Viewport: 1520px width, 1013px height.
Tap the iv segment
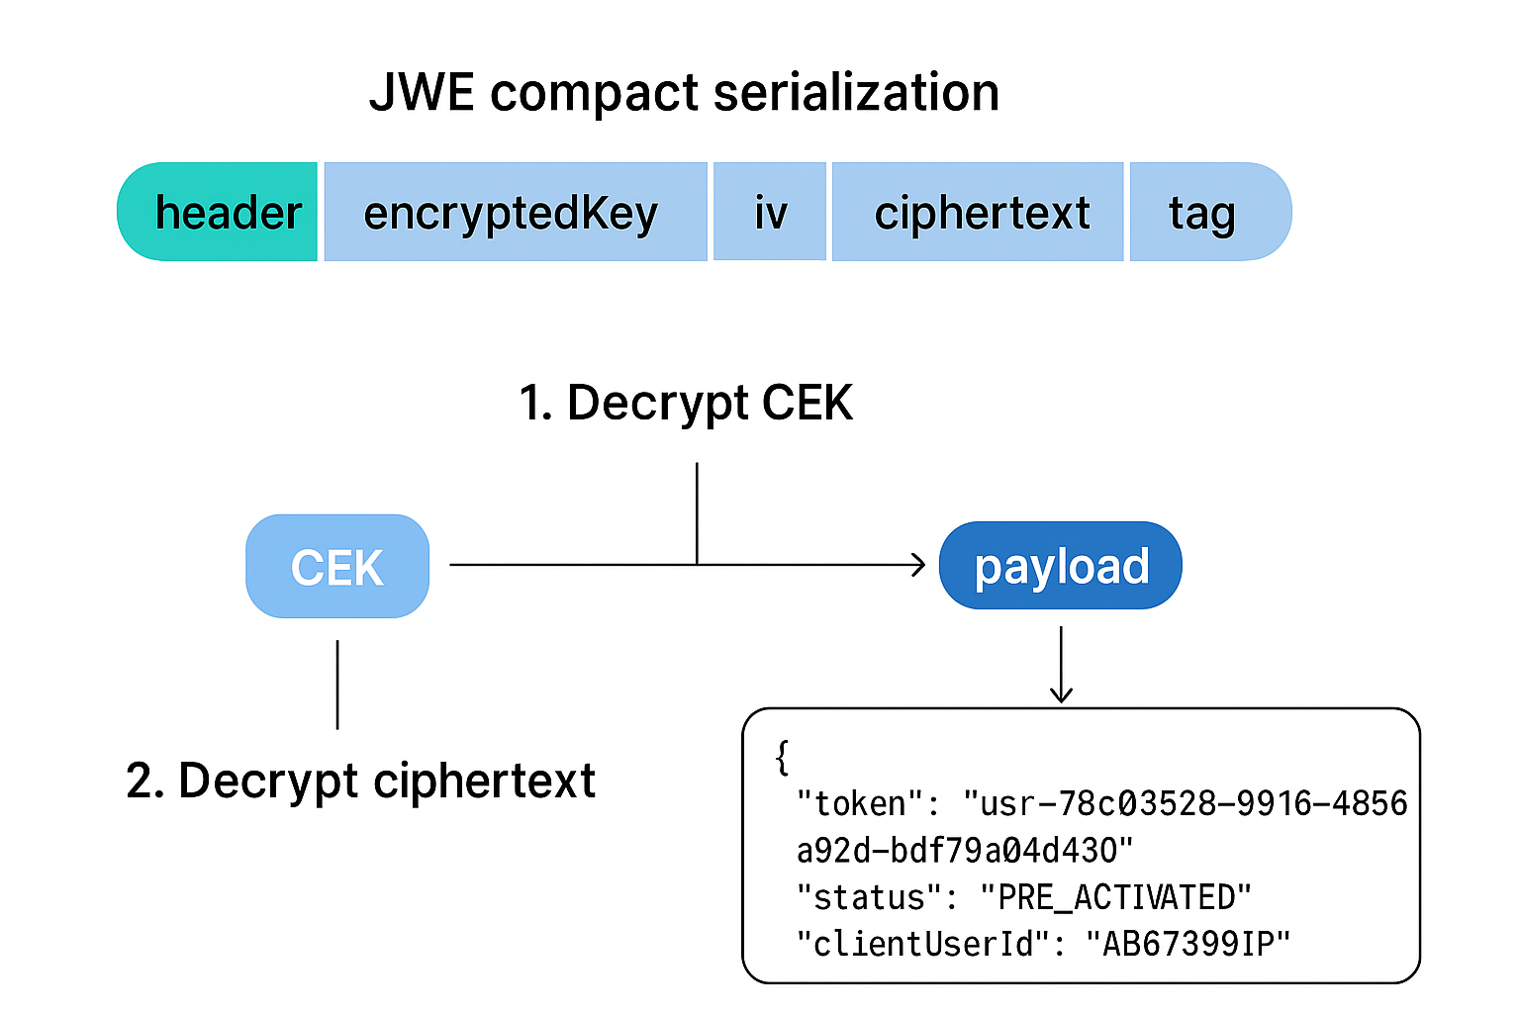[770, 213]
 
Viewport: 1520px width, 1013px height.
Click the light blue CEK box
[337, 567]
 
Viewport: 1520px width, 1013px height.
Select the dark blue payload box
[1060, 566]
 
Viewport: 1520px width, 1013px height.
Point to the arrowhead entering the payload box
[919, 565]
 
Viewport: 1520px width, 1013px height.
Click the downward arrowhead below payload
[1061, 694]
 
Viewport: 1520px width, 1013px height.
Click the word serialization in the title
[856, 93]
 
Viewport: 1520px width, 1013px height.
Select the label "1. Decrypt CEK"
[686, 404]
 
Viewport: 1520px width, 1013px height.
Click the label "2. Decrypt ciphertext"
[361, 781]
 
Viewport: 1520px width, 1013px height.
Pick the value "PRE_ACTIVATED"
[1115, 897]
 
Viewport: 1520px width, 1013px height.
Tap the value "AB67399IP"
[1187, 944]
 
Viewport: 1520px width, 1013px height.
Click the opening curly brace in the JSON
[783, 757]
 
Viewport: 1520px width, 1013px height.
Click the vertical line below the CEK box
[337, 685]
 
